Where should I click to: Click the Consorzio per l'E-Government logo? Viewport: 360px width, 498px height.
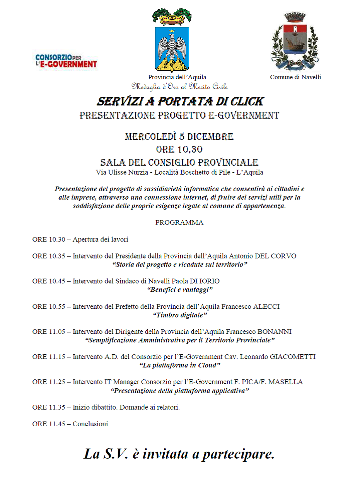tap(66, 61)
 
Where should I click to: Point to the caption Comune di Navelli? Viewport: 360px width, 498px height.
tap(295, 77)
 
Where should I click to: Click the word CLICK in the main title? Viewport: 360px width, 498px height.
tap(247, 102)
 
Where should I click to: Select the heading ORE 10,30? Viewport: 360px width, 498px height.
tap(179, 150)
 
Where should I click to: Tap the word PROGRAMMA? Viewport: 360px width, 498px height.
tap(179, 223)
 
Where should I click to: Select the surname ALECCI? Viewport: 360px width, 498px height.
tap(266, 307)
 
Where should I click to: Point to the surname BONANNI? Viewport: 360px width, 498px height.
tap(275, 332)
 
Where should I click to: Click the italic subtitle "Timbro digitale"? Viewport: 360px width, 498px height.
tap(180, 315)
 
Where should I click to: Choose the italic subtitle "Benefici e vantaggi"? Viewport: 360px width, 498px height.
tap(180, 290)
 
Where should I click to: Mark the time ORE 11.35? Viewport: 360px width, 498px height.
tap(49, 408)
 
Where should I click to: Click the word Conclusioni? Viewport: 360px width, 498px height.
tap(90, 424)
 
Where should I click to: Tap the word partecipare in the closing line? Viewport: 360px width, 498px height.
tap(238, 454)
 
